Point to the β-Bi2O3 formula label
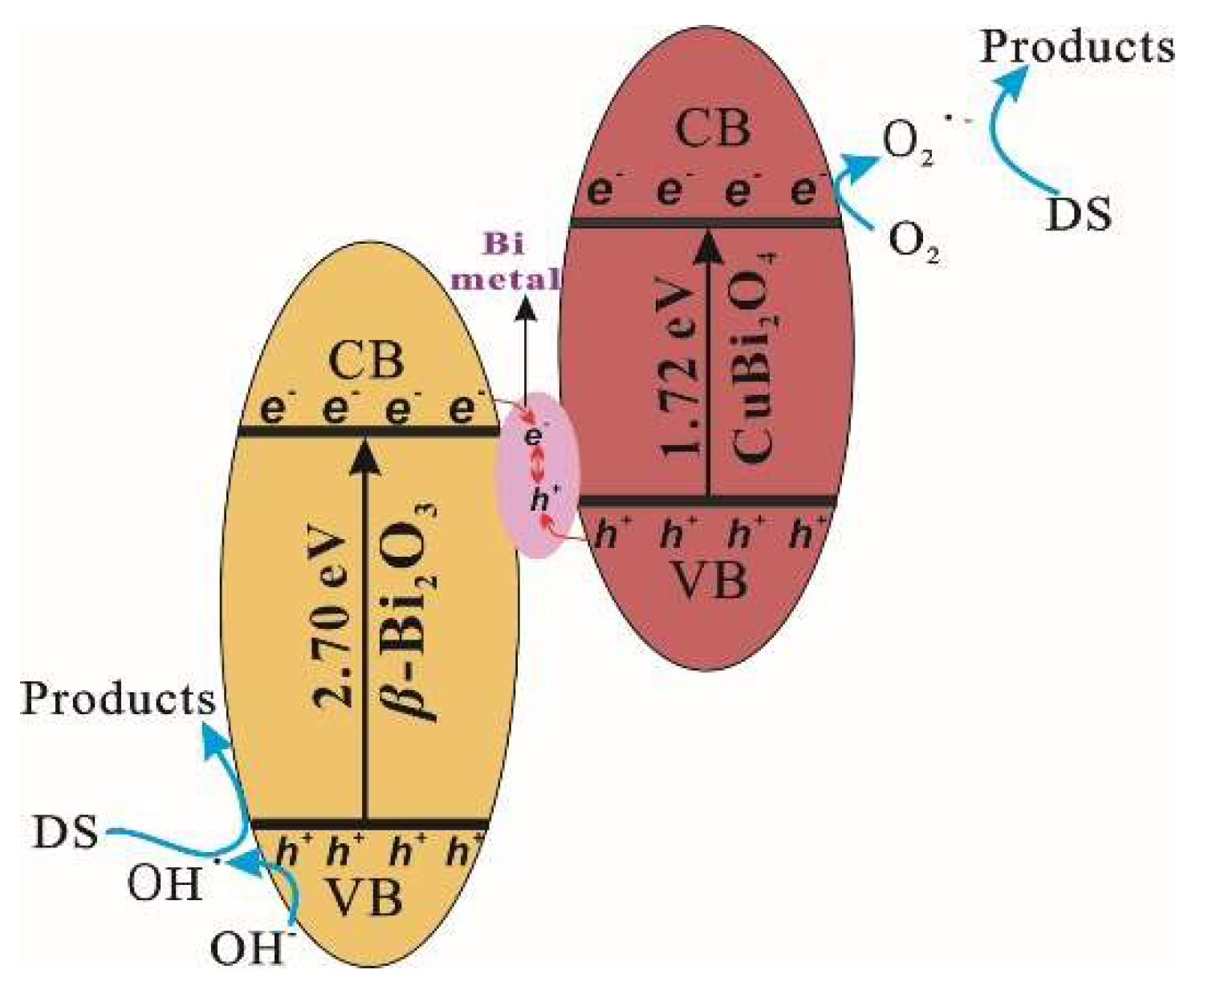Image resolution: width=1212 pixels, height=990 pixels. coord(412,614)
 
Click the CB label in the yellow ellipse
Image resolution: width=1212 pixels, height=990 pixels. coord(366,361)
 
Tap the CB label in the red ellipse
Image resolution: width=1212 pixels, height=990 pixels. coord(713,128)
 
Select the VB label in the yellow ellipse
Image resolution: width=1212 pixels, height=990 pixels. coord(365,896)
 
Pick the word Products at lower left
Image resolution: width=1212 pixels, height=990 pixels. coord(118,699)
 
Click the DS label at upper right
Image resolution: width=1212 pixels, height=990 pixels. coord(1079,214)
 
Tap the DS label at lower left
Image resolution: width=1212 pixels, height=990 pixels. coord(66,832)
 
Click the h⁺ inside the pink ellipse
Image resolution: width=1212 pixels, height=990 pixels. coord(543,500)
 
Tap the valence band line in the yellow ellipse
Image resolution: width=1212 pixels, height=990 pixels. coord(369,824)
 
